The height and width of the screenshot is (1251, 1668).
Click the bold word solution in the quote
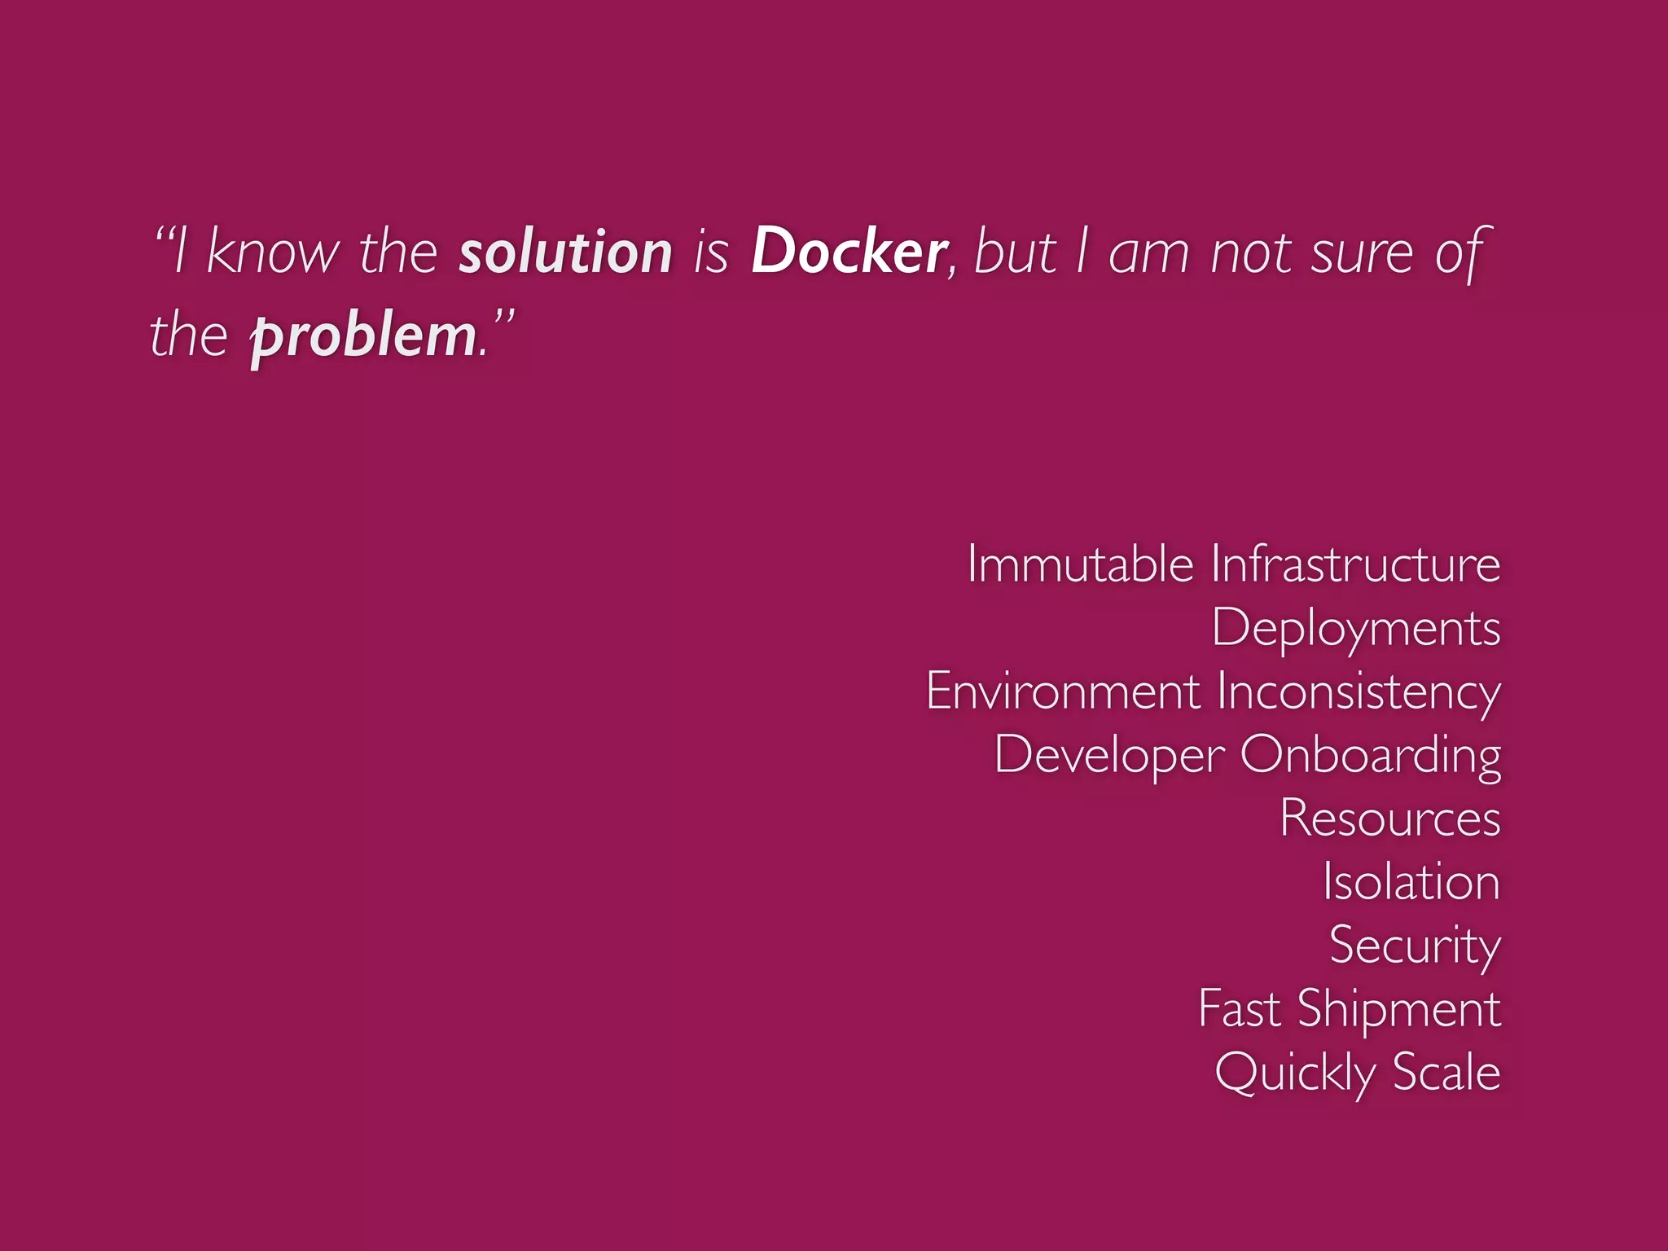[x=565, y=252]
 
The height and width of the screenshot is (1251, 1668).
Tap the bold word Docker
[x=848, y=252]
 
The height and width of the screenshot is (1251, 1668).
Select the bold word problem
[x=363, y=336]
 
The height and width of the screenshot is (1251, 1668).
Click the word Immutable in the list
[x=1080, y=564]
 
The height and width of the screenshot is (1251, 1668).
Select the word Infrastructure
[x=1355, y=564]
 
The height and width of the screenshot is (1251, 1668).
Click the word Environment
[x=1063, y=691]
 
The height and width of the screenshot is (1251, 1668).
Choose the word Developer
[x=1109, y=756]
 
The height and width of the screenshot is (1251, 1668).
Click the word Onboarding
[x=1371, y=756]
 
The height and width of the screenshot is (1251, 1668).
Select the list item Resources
[x=1389, y=818]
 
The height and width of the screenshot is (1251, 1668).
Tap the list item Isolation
[x=1411, y=881]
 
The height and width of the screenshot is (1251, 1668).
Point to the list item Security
[x=1415, y=946]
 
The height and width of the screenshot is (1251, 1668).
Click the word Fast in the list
[x=1240, y=1008]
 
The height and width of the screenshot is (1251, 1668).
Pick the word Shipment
[x=1398, y=1010]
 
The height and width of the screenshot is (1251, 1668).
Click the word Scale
[x=1446, y=1072]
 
